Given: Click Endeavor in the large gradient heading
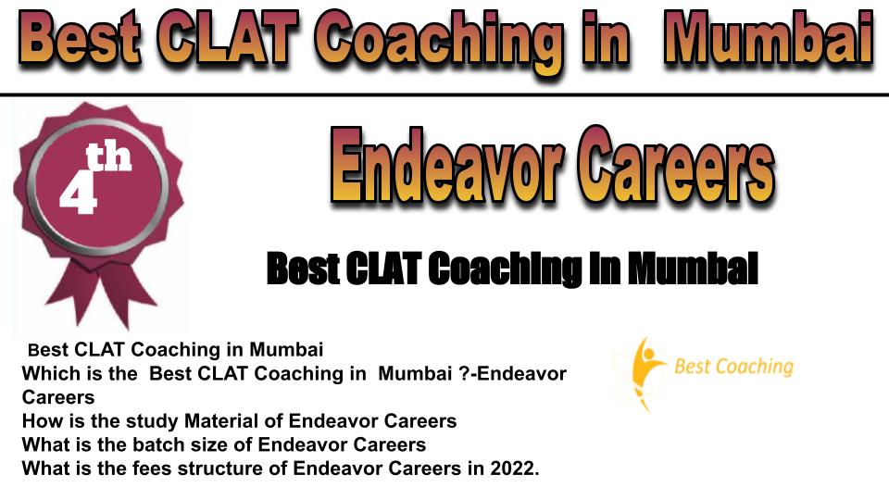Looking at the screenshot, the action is click(x=447, y=165).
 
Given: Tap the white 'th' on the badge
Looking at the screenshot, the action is click(x=108, y=157).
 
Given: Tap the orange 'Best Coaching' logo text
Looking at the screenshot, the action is click(x=733, y=367).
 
